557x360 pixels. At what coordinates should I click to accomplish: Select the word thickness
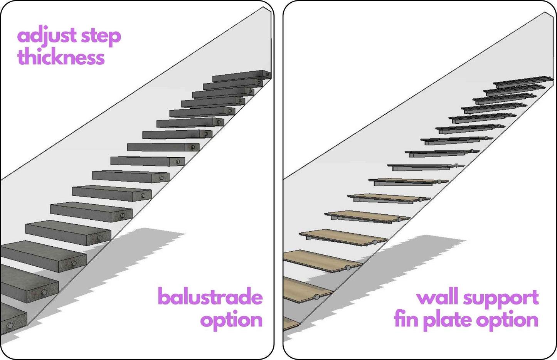(61, 57)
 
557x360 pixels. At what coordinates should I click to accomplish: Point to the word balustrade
(210, 297)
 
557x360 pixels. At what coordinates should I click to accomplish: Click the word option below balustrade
(231, 320)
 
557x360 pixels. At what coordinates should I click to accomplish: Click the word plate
(447, 320)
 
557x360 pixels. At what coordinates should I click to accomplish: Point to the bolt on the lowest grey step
(10, 326)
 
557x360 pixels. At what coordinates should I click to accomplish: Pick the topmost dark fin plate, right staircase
(522, 82)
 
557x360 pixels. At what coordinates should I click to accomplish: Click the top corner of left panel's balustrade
(264, 7)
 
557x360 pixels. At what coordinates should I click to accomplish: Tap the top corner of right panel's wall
(545, 13)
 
